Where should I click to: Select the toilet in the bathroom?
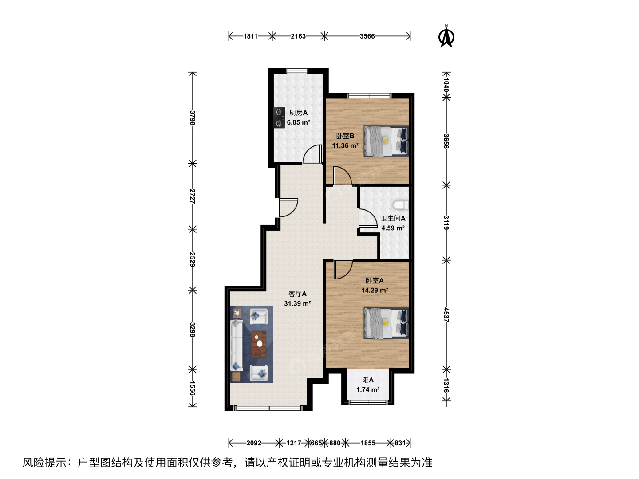[x=401, y=204]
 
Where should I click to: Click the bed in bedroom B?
[x=386, y=141]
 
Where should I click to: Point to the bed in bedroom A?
[x=386, y=323]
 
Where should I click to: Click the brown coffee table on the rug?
[x=259, y=344]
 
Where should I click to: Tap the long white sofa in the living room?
[x=237, y=345]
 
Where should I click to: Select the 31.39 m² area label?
[x=297, y=304]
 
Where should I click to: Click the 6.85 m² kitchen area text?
[x=298, y=122]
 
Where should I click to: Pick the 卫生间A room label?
[x=393, y=218]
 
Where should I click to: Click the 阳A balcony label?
[x=368, y=380]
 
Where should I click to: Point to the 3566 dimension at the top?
[x=367, y=36]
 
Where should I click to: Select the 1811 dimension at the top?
[x=250, y=36]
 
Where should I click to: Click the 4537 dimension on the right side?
[x=446, y=315]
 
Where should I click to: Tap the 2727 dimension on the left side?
[x=192, y=196]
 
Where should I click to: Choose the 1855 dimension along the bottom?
[x=368, y=443]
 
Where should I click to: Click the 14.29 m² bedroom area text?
[x=375, y=290]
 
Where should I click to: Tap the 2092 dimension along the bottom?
[x=254, y=443]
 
